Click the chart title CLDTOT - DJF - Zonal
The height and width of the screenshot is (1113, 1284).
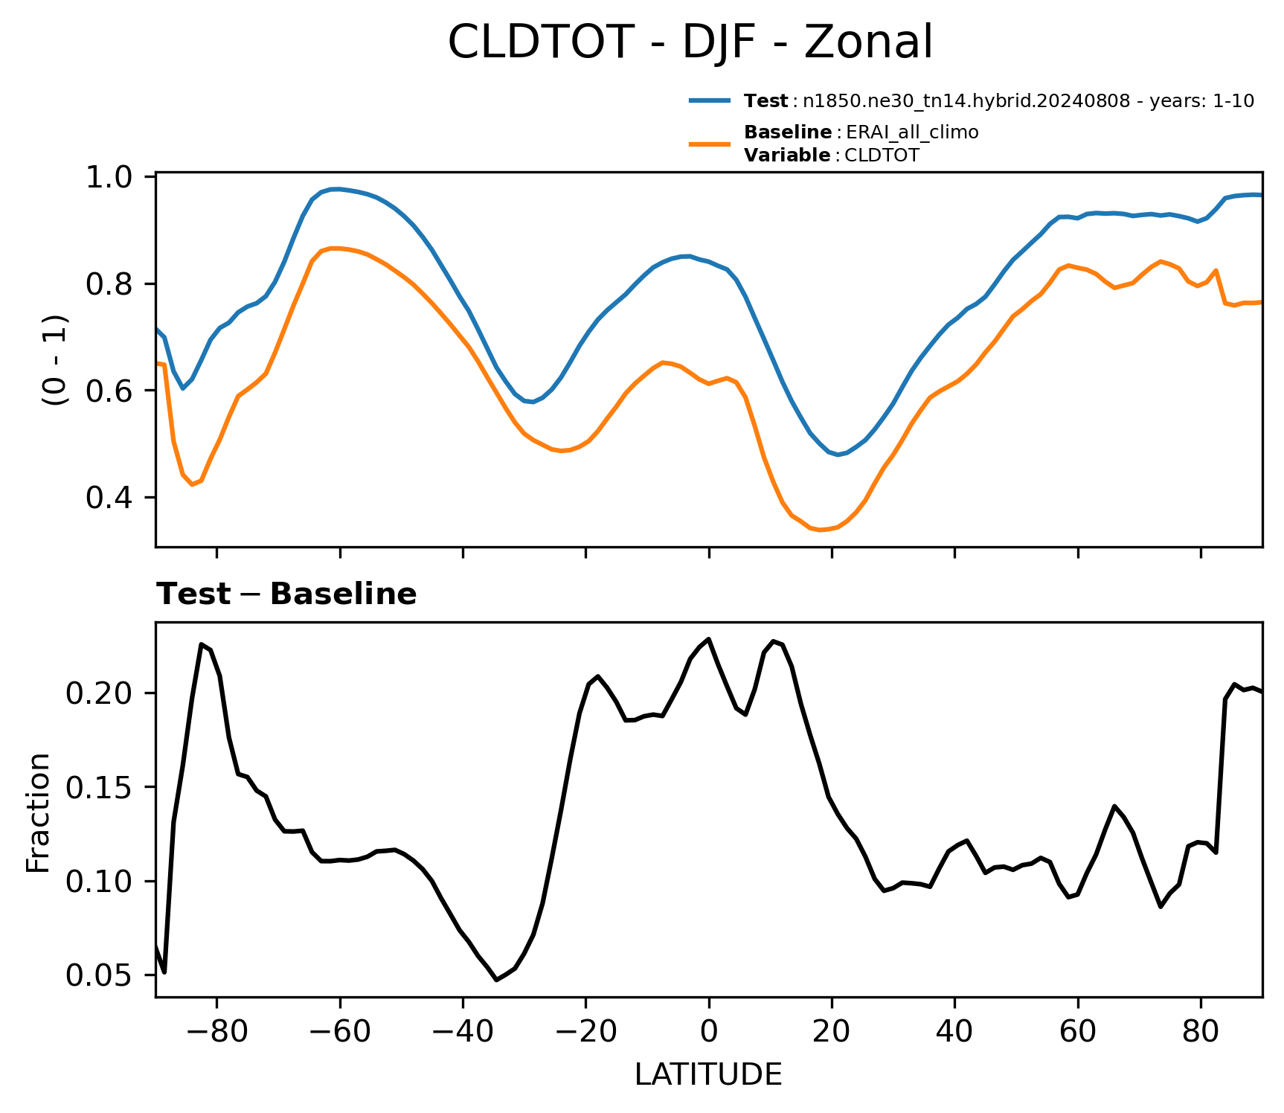[x=690, y=42]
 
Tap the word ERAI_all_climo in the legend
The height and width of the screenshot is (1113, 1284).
[x=912, y=132]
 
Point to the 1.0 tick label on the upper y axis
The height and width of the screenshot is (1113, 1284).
[x=109, y=178]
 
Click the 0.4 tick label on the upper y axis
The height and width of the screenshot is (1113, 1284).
[x=109, y=498]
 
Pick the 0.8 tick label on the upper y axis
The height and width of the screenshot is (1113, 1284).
[x=109, y=284]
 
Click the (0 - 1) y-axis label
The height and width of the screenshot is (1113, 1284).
[x=55, y=360]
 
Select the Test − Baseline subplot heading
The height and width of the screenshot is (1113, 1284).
[x=286, y=594]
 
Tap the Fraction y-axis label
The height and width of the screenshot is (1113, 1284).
[x=38, y=812]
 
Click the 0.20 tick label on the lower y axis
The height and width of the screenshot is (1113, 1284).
[x=100, y=693]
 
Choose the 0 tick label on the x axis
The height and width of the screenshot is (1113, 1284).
[x=709, y=1031]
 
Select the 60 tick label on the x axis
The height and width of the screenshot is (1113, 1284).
[x=1078, y=1031]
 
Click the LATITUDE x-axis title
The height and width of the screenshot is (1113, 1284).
[x=708, y=1074]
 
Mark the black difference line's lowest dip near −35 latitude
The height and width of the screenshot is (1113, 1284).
[x=496, y=980]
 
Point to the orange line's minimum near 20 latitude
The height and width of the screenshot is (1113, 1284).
[x=821, y=530]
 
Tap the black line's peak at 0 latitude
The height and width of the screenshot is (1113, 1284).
[x=709, y=638]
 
